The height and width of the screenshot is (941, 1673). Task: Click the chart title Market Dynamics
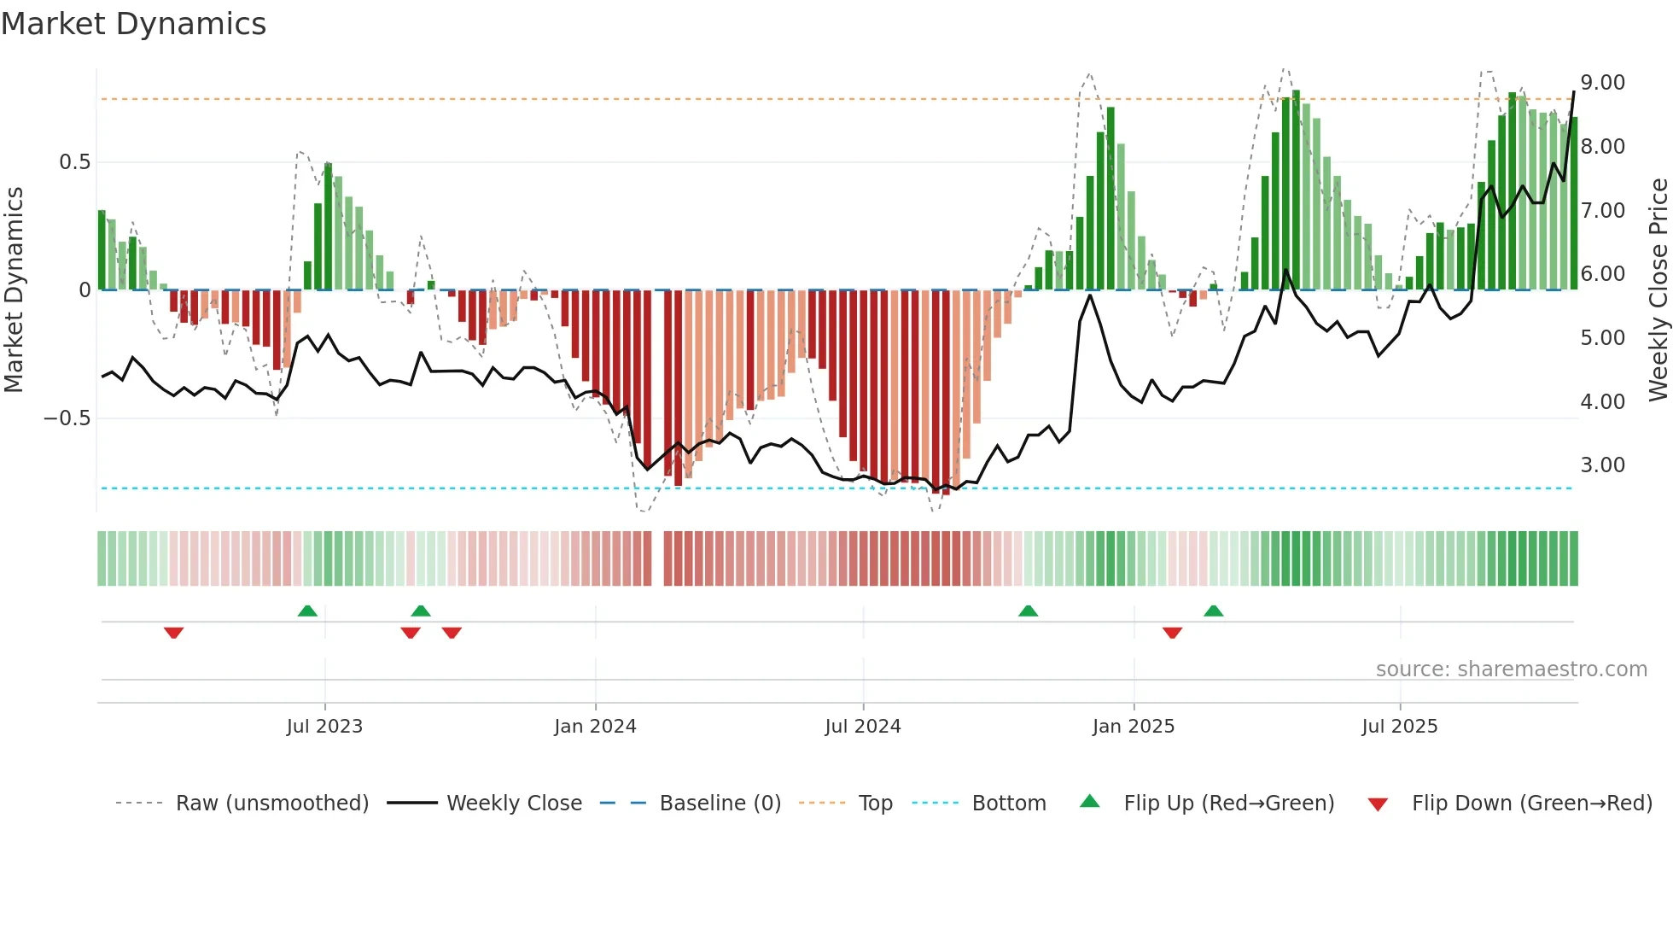(x=134, y=24)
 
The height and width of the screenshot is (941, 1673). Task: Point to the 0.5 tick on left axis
(x=74, y=162)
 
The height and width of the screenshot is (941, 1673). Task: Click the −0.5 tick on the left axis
(x=67, y=418)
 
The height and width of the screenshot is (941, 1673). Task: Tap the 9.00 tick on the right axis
(x=1602, y=83)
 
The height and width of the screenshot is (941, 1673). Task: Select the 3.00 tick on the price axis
(x=1602, y=465)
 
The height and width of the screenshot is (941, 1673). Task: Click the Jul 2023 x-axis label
(x=324, y=727)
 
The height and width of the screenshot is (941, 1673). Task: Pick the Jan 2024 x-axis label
(x=595, y=727)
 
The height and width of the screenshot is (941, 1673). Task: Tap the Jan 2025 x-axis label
(x=1133, y=727)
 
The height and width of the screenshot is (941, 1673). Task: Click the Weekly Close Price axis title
(x=1658, y=290)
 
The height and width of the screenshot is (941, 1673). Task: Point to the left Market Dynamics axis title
(x=14, y=290)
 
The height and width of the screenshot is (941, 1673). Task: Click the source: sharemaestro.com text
(x=1511, y=669)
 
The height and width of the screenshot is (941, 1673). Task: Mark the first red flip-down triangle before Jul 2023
(x=174, y=633)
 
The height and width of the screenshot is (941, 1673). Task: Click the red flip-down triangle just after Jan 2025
(x=1172, y=633)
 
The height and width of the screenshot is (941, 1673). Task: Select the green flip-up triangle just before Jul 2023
(x=307, y=611)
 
